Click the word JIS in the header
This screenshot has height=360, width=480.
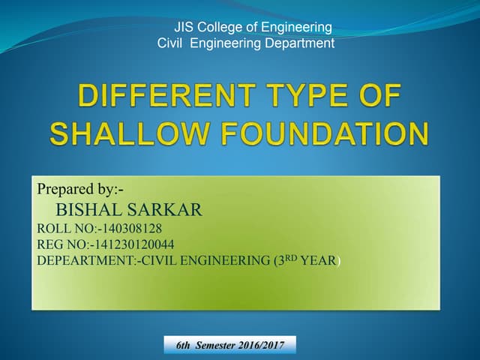click(x=184, y=28)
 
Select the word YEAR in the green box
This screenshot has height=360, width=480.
click(x=319, y=260)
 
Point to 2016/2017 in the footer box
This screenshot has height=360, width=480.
click(x=265, y=346)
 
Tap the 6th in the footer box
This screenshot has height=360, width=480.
click(x=183, y=346)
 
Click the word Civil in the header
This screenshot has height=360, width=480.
click(x=172, y=43)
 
